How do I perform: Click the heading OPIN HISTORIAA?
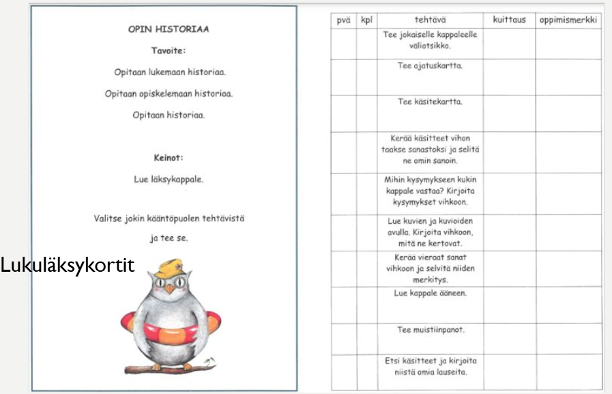point(169,31)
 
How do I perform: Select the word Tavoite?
point(169,51)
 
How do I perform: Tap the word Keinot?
point(169,159)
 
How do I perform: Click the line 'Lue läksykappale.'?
point(169,180)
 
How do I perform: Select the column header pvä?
point(343,20)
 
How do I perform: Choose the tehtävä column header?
point(431,20)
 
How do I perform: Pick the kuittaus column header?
point(509,20)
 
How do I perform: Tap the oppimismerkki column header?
point(568,20)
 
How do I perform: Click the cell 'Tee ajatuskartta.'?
point(431,66)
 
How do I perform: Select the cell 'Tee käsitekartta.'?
point(431,102)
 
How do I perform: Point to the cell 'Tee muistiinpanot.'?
point(431,329)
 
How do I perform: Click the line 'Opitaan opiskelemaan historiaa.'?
point(169,93)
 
